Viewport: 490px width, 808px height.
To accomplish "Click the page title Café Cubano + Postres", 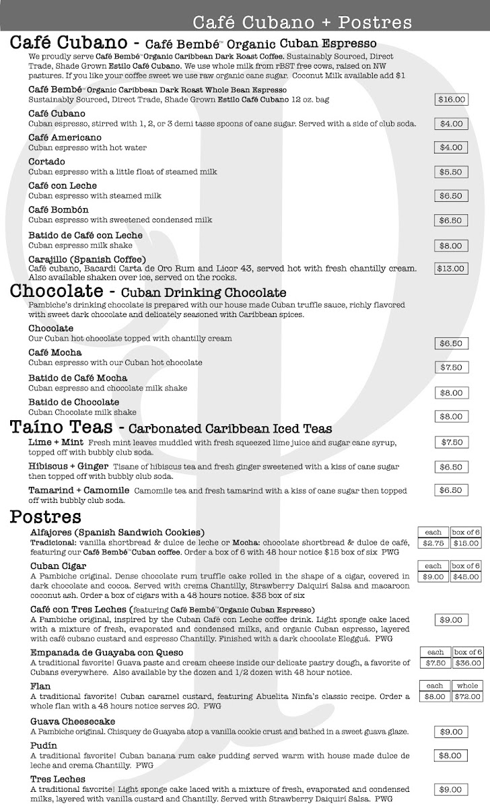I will pos(302,23).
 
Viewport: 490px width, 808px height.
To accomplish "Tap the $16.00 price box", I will pos(451,100).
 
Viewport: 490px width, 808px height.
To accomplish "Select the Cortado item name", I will pos(47,162).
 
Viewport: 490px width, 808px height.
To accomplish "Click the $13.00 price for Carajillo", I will pos(451,269).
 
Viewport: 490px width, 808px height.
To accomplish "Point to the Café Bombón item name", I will pos(59,210).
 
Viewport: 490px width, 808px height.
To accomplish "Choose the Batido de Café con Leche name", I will pos(85,235).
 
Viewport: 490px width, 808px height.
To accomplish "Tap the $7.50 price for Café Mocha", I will pos(451,368).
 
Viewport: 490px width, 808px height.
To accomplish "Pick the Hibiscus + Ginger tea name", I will pos(69,466).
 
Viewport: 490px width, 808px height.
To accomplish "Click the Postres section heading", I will pos(46,517).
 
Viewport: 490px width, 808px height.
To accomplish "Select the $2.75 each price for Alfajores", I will pos(433,543).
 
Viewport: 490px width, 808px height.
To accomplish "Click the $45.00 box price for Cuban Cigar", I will pos(465,576).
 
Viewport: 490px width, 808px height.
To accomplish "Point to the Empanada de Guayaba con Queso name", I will pos(107,652).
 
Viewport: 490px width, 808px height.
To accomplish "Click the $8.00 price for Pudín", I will pos(451,756).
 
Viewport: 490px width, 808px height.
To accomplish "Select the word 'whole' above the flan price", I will pos(466,685).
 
